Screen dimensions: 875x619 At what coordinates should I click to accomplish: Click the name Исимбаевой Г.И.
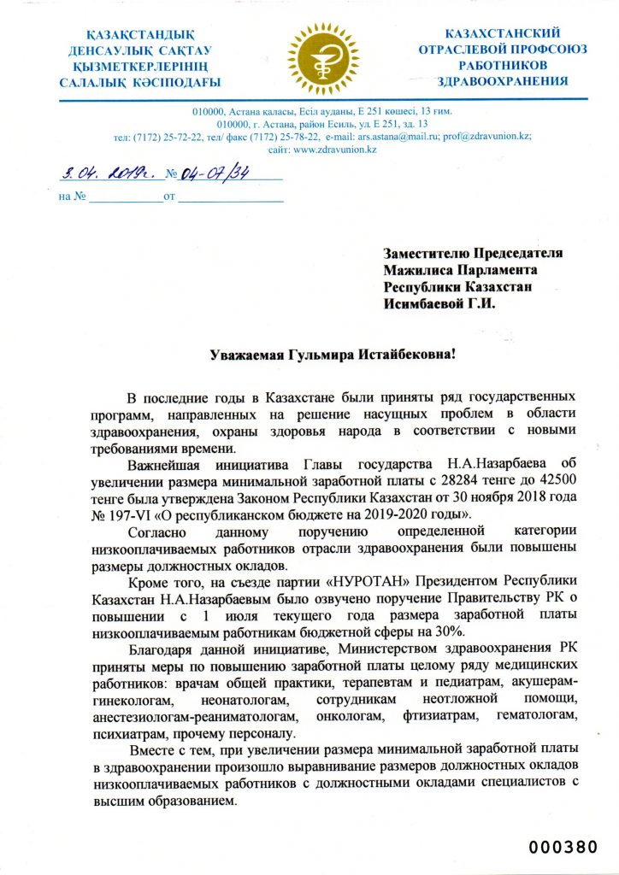pos(439,302)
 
